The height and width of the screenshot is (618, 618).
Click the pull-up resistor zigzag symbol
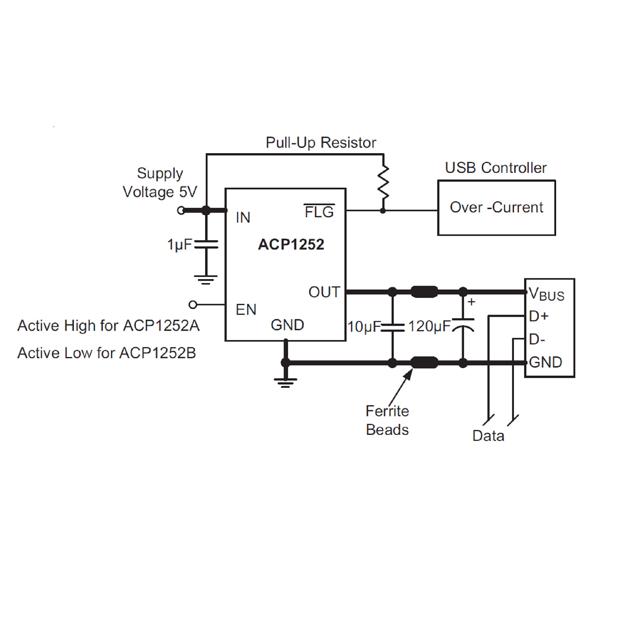[x=383, y=183]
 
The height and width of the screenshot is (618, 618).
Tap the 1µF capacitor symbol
[x=206, y=244]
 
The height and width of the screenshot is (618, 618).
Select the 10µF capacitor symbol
[x=392, y=328]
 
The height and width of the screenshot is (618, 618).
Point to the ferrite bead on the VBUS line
[x=424, y=292]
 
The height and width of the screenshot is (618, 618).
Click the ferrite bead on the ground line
[x=424, y=363]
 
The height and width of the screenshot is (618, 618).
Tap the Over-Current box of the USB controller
[x=496, y=208]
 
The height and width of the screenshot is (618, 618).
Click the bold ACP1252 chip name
[x=291, y=244]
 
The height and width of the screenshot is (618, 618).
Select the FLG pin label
[x=319, y=212]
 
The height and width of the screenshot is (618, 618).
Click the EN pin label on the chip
[x=246, y=310]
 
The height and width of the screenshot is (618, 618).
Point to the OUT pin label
[x=324, y=292]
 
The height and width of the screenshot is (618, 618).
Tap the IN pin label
[x=243, y=218]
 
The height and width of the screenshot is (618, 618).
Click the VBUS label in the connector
[x=547, y=294]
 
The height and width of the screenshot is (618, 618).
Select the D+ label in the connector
[x=538, y=316]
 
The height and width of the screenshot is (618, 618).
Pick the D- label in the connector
[x=537, y=339]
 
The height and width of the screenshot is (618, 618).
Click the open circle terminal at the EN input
[x=193, y=304]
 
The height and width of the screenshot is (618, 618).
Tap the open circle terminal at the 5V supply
[x=181, y=211]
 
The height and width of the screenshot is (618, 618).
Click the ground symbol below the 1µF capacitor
[x=206, y=279]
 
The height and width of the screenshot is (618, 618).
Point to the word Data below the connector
[x=488, y=436]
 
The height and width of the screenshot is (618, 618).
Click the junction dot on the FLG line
[x=383, y=211]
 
